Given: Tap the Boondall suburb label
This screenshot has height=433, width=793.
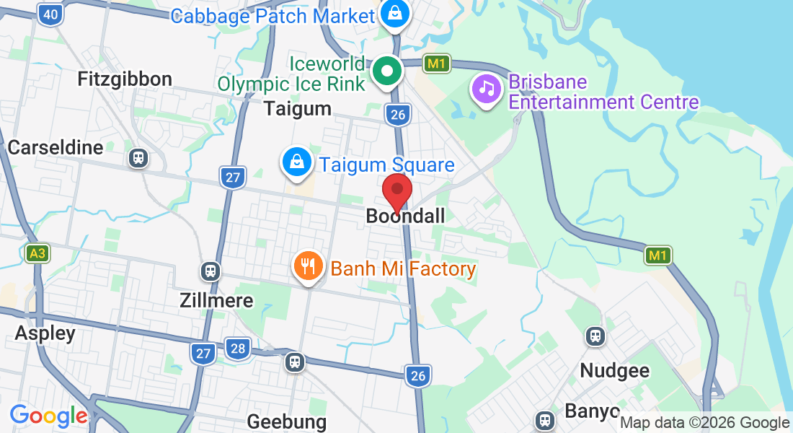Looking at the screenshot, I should [405, 216].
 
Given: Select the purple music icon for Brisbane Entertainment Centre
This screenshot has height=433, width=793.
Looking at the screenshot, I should [487, 89].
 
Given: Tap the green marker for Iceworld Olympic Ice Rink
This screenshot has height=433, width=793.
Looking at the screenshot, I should [388, 71].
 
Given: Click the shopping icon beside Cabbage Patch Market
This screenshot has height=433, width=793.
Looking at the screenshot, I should [395, 13].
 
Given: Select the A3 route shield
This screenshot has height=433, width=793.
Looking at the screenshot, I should [37, 253].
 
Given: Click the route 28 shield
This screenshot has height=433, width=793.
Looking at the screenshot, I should [237, 349].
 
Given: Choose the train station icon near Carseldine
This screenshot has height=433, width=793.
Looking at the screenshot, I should [138, 158].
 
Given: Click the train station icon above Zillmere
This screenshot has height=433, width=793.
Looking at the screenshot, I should [211, 271].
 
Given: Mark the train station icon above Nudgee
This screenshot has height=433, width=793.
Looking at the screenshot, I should [595, 336].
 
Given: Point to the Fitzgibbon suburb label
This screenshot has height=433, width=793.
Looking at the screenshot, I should [125, 79].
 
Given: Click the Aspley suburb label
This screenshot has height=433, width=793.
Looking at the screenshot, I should [45, 333].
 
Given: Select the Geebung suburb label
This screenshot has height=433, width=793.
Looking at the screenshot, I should [287, 421].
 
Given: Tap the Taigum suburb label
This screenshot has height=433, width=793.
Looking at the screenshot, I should [298, 109].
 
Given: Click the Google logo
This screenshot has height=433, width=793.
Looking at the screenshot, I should [49, 416].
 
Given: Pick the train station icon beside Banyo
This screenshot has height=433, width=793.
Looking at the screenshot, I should [544, 419].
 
